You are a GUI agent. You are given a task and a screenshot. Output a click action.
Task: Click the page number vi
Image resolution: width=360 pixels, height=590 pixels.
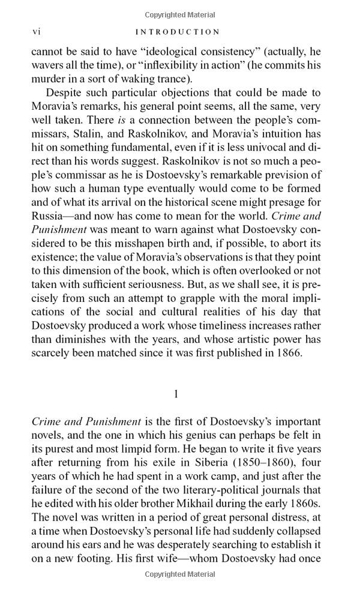36,32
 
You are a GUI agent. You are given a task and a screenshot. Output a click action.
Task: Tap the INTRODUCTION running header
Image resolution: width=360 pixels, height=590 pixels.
178,32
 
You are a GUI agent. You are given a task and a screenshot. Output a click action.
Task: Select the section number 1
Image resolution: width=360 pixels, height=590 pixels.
176,394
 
